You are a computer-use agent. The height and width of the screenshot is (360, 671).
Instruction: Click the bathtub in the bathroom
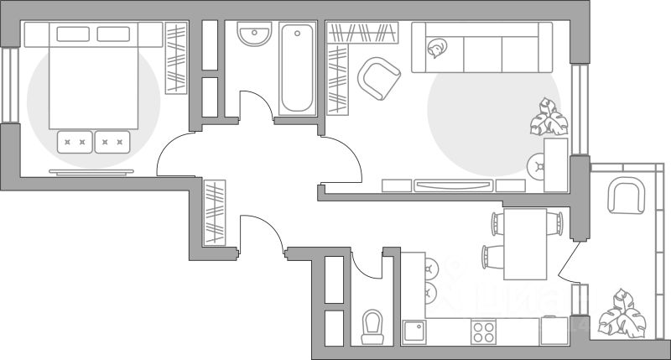[298, 70]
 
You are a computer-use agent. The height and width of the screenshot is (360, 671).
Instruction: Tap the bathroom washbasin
[253, 36]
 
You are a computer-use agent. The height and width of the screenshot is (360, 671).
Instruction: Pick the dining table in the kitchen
[525, 244]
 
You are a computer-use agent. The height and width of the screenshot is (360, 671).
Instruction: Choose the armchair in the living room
[379, 78]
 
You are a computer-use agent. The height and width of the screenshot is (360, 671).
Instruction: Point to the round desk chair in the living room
[536, 166]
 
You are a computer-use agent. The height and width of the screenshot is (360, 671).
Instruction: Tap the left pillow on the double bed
[73, 34]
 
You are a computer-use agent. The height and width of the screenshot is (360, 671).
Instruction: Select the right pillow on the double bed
[113, 34]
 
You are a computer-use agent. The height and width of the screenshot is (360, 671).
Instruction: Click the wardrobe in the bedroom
[176, 59]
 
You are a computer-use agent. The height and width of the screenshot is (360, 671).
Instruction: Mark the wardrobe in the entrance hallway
[216, 211]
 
